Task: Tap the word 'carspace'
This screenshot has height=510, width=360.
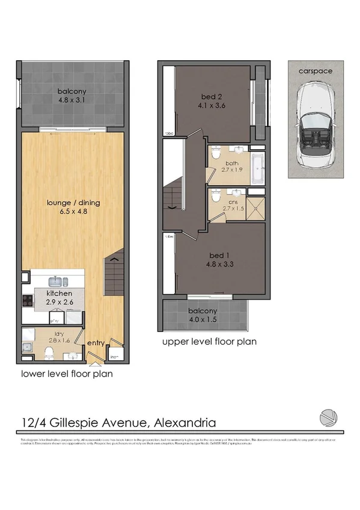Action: (x=316, y=70)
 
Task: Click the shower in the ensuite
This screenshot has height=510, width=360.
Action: (x=255, y=208)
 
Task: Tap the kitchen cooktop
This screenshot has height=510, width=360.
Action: (x=27, y=301)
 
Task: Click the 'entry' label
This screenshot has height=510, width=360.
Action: (x=96, y=343)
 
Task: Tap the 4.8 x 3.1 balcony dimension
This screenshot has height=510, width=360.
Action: (x=72, y=100)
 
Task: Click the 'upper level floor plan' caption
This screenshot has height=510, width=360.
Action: (x=210, y=341)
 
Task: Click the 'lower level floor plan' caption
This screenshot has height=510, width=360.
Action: (x=67, y=373)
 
